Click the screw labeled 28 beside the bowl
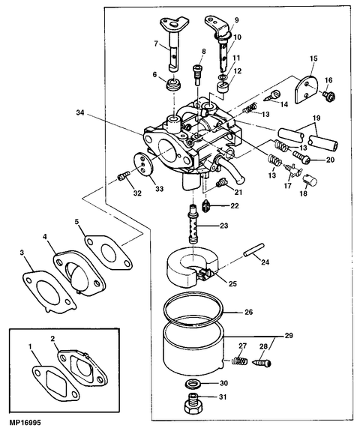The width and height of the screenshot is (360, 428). pos(262,362)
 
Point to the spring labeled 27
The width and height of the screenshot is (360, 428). pos(239,361)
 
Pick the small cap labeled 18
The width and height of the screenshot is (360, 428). pos(312,179)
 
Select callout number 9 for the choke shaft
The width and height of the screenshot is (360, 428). pos(238,20)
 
